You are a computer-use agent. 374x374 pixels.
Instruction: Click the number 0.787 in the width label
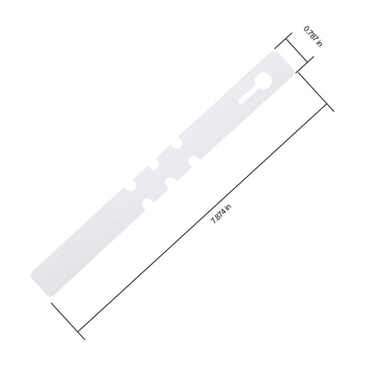310,34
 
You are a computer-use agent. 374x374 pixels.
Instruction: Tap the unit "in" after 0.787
319,44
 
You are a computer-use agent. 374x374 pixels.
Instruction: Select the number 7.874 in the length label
219,216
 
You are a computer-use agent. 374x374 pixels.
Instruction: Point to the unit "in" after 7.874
228,206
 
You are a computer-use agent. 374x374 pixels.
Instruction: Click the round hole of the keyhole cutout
263,81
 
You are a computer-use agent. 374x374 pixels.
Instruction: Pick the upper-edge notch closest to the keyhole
178,144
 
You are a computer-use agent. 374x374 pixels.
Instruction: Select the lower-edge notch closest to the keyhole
193,161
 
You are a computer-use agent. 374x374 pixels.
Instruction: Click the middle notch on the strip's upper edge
154,167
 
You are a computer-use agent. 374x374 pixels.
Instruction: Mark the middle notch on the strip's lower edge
170,182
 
